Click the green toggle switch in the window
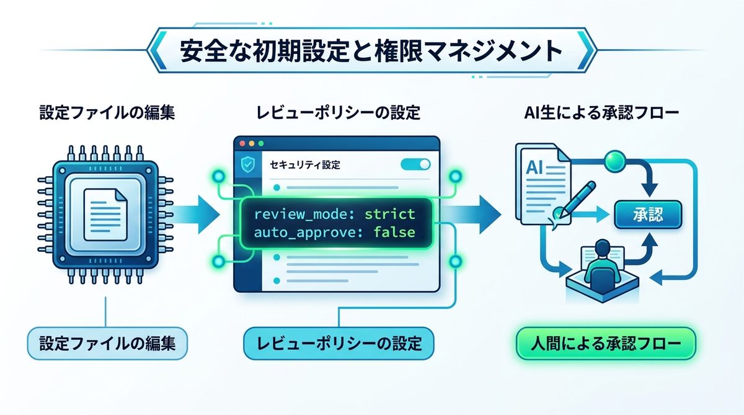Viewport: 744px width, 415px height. tap(415, 164)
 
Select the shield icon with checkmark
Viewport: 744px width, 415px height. tap(246, 166)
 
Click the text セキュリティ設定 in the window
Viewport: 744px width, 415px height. tap(305, 166)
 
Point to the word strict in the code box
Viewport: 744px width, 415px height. tap(389, 214)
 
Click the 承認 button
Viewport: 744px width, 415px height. tap(647, 215)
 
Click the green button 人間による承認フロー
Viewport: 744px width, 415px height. tap(606, 343)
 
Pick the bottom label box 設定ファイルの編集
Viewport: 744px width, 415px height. tap(107, 343)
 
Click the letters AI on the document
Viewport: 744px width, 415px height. tap(536, 167)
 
